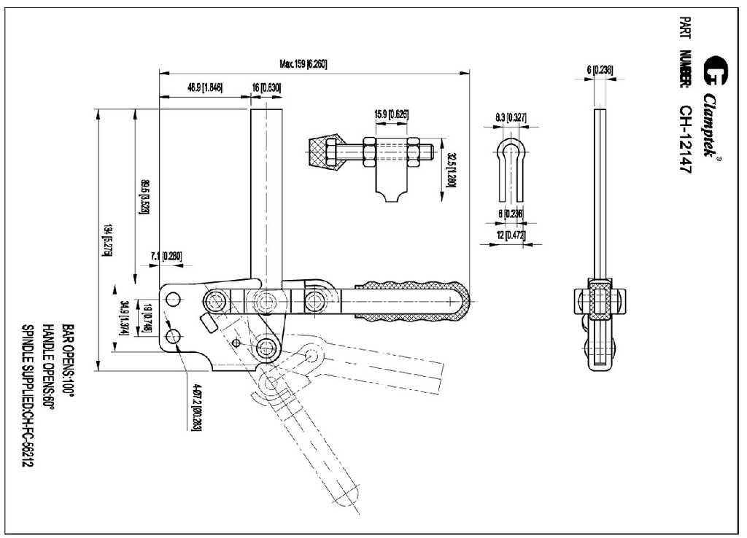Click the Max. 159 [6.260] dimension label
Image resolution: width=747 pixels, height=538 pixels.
click(303, 64)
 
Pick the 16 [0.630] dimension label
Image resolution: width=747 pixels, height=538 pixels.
click(267, 87)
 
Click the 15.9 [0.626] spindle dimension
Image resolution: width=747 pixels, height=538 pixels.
click(391, 114)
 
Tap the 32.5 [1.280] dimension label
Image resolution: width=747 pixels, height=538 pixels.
click(452, 170)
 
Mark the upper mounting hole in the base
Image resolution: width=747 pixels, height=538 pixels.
click(173, 300)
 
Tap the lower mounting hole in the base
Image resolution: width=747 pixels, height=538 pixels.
click(173, 336)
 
